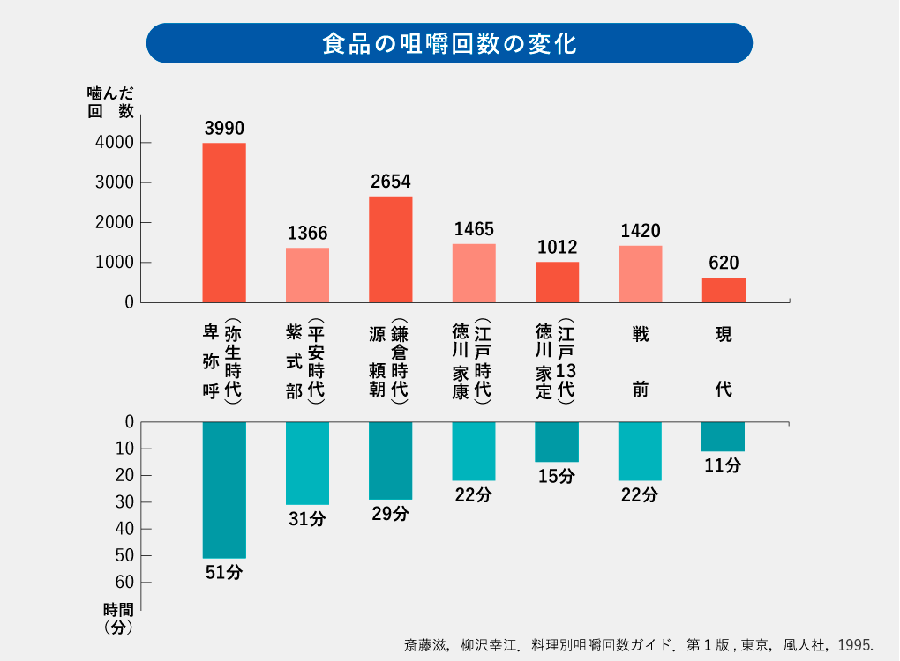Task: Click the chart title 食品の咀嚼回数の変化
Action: tap(449, 43)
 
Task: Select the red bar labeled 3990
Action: tap(224, 222)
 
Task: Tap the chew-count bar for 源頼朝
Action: tap(390, 249)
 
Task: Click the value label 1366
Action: tap(307, 234)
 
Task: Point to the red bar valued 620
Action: tap(724, 290)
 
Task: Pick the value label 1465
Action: tap(474, 229)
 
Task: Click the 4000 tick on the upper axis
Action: tap(116, 143)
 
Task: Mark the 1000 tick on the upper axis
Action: tap(116, 263)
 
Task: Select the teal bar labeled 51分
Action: tap(224, 490)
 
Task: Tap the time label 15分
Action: tap(557, 477)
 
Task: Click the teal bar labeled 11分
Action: tap(724, 436)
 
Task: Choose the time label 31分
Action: tap(307, 519)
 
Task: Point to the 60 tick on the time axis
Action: tap(124, 583)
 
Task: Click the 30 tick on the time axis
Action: tap(124, 502)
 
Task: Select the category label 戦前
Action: tap(641, 361)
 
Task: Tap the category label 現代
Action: tap(724, 361)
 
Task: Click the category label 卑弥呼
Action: tap(210, 361)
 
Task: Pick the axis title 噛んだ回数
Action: tap(111, 101)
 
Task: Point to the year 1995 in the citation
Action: tap(856, 644)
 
